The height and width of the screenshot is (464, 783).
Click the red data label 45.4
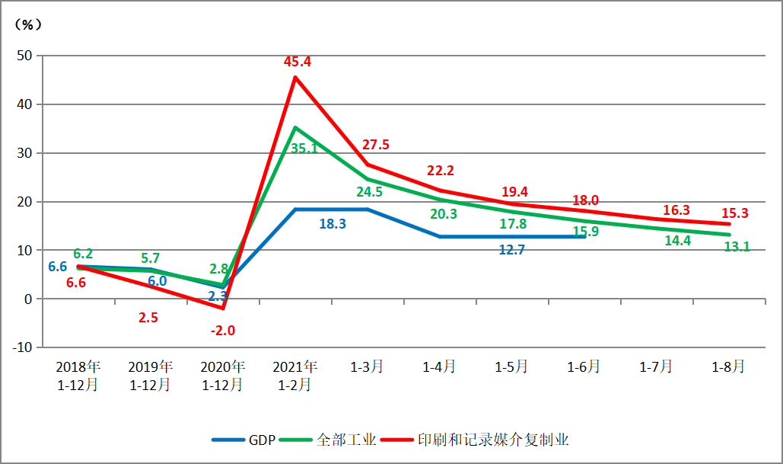click(298, 62)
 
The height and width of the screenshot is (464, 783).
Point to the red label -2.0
click(222, 330)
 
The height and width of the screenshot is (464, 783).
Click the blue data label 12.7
click(511, 249)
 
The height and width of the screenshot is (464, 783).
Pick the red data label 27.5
click(376, 145)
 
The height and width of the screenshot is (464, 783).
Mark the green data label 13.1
click(736, 246)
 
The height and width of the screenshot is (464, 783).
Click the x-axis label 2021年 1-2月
click(294, 376)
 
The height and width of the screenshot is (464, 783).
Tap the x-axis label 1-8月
click(728, 366)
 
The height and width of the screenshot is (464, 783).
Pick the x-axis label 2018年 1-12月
click(78, 376)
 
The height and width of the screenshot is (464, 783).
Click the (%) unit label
click(28, 24)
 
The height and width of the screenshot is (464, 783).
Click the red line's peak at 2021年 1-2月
click(294, 77)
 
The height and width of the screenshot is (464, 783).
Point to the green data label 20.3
click(443, 214)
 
